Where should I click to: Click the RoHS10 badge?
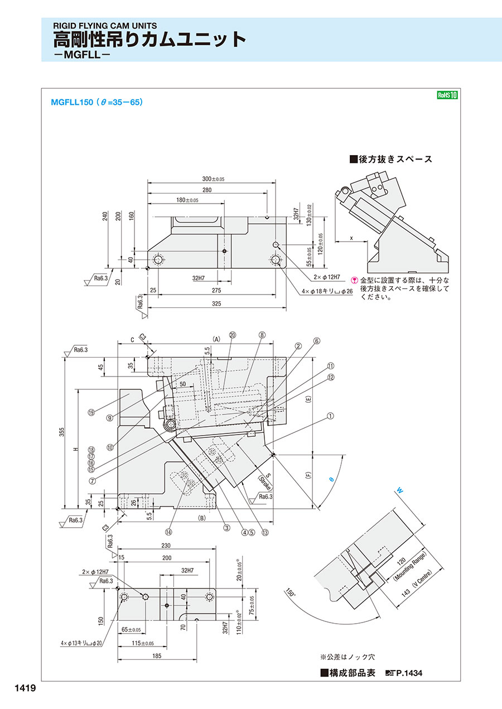(447, 95)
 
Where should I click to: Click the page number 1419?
(22, 688)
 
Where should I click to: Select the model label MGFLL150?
(71, 102)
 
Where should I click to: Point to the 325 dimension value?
(217, 304)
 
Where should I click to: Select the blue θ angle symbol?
(330, 479)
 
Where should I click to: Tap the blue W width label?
(399, 490)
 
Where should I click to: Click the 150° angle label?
(289, 593)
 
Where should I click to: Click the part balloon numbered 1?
(330, 416)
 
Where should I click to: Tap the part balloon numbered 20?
(233, 335)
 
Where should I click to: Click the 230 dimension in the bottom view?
(165, 546)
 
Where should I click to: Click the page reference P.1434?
(409, 673)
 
